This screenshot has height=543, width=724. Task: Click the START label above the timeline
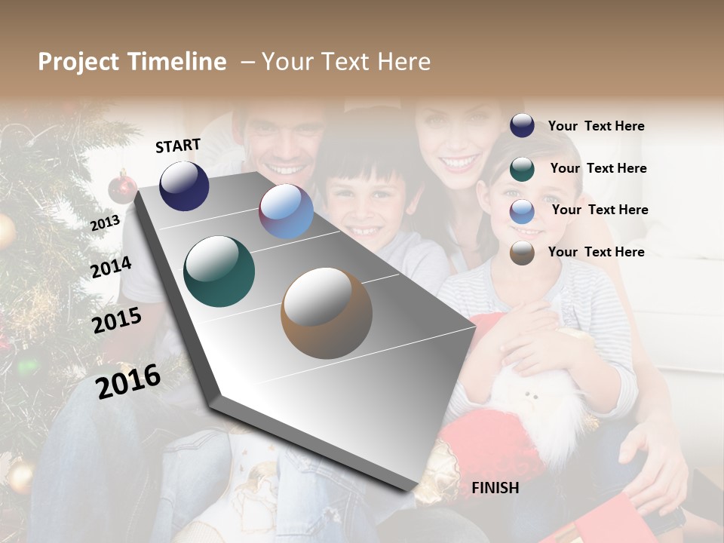(x=178, y=146)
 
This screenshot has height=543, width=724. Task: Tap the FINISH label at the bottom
(x=495, y=488)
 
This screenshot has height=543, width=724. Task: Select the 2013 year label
(x=105, y=222)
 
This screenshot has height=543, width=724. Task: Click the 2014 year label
(x=111, y=267)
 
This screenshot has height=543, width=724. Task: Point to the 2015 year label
(x=117, y=321)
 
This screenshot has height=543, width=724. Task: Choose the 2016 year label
(x=128, y=381)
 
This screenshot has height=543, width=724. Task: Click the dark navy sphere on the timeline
(x=184, y=186)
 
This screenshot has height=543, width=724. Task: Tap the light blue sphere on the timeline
(x=286, y=212)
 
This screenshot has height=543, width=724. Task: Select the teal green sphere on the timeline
(x=219, y=271)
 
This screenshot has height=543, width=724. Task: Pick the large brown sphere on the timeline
(x=326, y=313)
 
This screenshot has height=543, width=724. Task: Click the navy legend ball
(x=522, y=125)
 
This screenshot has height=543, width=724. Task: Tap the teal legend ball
(x=522, y=169)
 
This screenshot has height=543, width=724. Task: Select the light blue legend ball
(x=522, y=211)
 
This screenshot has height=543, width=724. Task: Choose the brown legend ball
(x=522, y=253)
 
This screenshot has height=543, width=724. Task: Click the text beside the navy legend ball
(x=596, y=126)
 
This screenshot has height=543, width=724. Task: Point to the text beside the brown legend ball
(x=596, y=252)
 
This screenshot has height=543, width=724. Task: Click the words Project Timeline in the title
(x=132, y=62)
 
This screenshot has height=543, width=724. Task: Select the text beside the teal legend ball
(x=598, y=168)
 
